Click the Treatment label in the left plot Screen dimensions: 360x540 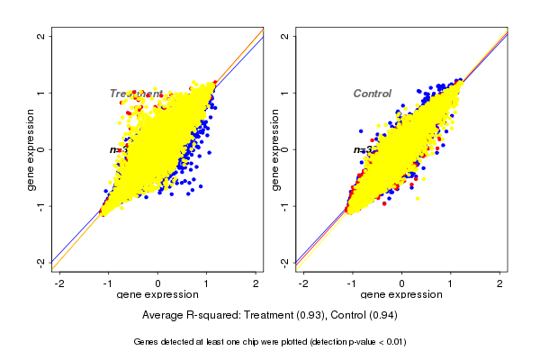pyautogui.click(x=136, y=94)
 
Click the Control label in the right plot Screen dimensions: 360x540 pyautogui.click(x=372, y=94)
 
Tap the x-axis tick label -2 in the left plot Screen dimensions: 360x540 pyautogui.click(x=59, y=283)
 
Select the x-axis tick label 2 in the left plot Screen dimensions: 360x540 pyautogui.click(x=257, y=283)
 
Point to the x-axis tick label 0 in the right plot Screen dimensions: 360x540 pyautogui.click(x=402, y=283)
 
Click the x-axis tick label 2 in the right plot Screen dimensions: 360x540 pyautogui.click(x=500, y=283)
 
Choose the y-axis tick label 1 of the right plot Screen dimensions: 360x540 pyautogui.click(x=284, y=93)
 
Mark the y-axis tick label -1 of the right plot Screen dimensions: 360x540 pyautogui.click(x=284, y=206)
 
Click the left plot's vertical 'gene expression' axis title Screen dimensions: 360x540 pyautogui.click(x=31, y=149)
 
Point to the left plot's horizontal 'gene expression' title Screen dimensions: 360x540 pyautogui.click(x=158, y=295)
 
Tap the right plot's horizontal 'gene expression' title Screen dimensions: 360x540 pyautogui.click(x=401, y=295)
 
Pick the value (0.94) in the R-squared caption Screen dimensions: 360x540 pyautogui.click(x=382, y=316)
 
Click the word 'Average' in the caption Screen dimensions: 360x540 pyautogui.click(x=164, y=316)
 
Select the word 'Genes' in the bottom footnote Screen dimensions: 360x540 pyautogui.click(x=147, y=342)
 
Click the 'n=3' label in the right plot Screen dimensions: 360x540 pyautogui.click(x=363, y=149)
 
